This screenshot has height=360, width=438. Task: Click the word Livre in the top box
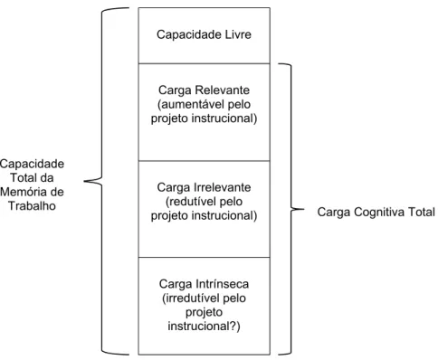click(238, 34)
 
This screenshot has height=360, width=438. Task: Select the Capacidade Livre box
click(205, 35)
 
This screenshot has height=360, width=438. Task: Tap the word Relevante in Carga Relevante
click(222, 90)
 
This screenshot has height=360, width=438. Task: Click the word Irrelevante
click(223, 187)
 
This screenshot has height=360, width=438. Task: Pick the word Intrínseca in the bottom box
click(222, 284)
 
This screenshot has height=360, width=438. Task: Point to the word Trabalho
click(32, 205)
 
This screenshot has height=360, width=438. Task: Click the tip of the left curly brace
click(84, 181)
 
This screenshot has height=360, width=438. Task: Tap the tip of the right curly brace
click(304, 209)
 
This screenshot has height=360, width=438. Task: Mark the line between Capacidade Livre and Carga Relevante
click(205, 63)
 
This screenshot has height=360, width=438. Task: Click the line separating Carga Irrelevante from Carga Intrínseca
click(205, 257)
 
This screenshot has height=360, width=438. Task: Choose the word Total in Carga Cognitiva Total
click(422, 213)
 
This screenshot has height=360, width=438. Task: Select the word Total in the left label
click(23, 178)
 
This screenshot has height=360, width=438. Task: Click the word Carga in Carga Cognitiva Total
click(334, 213)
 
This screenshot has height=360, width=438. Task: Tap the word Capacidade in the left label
click(32, 164)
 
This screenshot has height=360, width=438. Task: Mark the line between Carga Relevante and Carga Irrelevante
click(205, 161)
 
